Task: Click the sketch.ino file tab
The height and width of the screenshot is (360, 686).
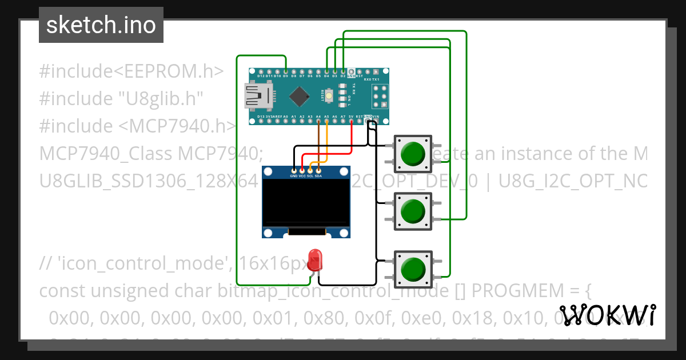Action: pyautogui.click(x=101, y=25)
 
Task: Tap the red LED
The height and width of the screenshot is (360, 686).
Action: pyautogui.click(x=314, y=261)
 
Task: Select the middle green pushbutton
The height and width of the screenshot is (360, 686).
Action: pyautogui.click(x=413, y=211)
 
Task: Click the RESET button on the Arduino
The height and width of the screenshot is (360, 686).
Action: pyautogui.click(x=330, y=96)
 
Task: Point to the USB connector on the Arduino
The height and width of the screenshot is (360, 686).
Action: pyautogui.click(x=258, y=96)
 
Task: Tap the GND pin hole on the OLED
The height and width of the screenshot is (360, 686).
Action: pyautogui.click(x=294, y=170)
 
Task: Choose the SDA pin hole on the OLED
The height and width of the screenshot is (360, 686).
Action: pyautogui.click(x=318, y=170)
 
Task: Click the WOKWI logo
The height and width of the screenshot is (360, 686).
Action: pyautogui.click(x=608, y=315)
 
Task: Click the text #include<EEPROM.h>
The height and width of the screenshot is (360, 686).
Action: pyautogui.click(x=131, y=71)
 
